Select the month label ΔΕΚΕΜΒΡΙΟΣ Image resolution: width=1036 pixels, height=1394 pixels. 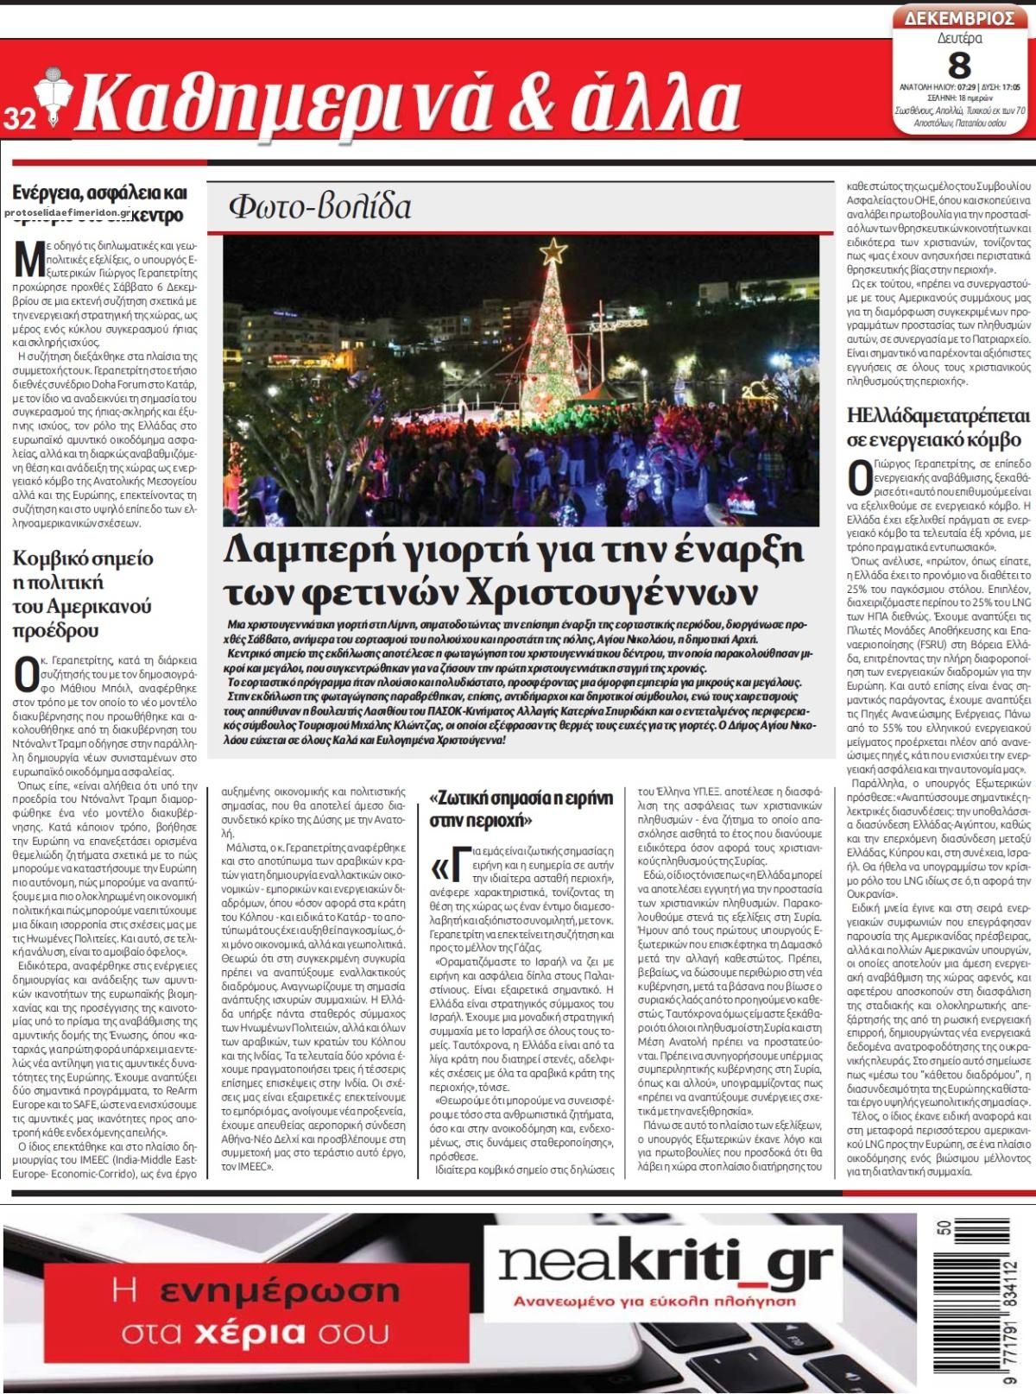tap(959, 17)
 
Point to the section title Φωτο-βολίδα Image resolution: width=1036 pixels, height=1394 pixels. tap(320, 207)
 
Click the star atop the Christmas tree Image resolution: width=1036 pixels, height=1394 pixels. tap(553, 251)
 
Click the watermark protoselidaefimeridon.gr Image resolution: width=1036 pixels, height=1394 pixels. tap(73, 212)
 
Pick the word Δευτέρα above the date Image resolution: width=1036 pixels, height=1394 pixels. tap(959, 38)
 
